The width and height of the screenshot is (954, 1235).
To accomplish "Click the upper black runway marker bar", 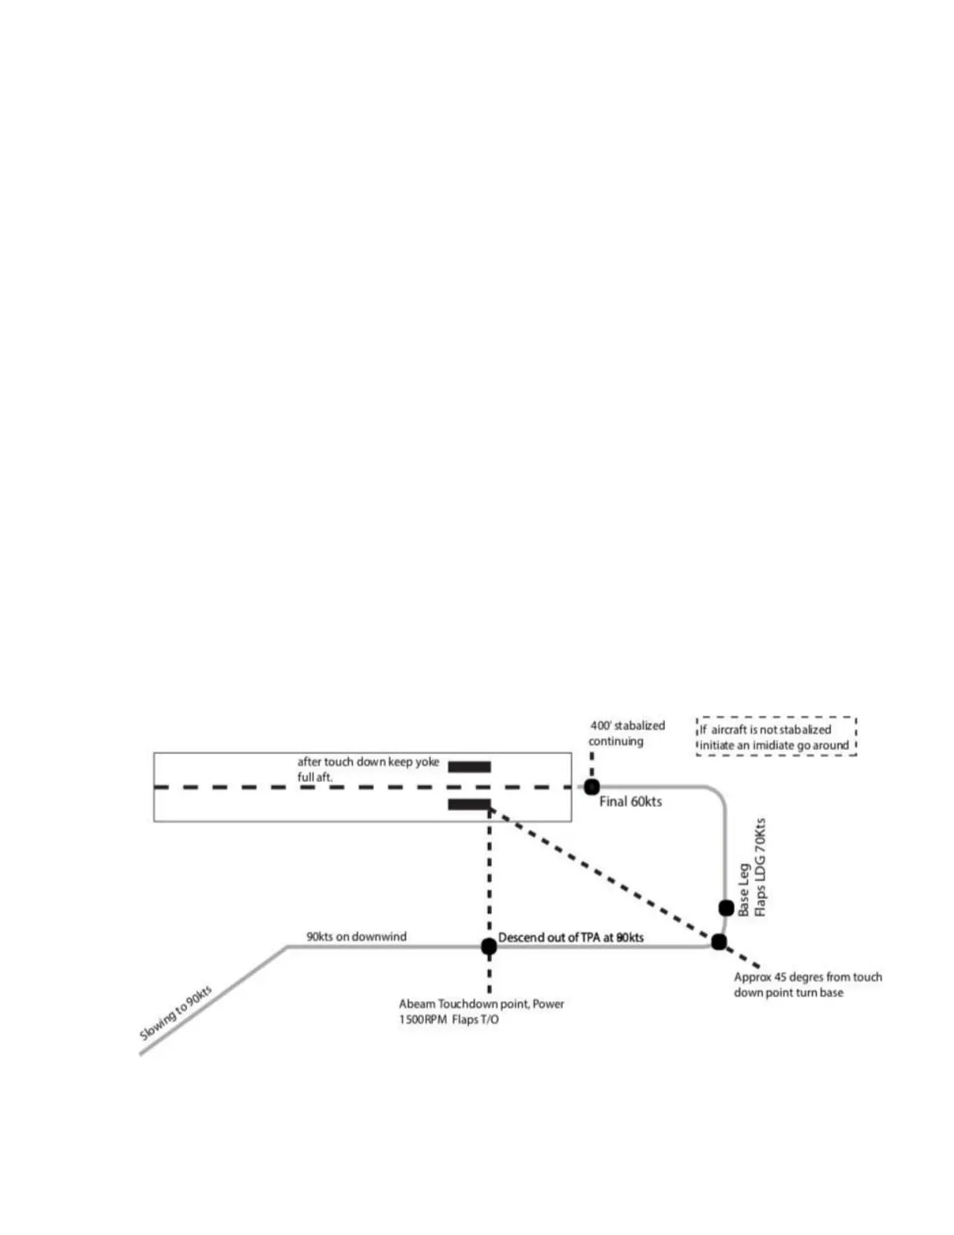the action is coord(469,766).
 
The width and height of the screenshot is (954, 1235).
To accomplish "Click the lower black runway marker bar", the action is coord(469,804).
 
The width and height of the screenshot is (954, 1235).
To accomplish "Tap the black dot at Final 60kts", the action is coord(592,787).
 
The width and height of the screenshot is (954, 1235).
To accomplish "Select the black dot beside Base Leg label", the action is coord(726,908).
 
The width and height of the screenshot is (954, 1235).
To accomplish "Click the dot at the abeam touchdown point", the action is coord(489,947).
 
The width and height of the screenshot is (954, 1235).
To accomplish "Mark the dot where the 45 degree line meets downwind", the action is coord(719,943).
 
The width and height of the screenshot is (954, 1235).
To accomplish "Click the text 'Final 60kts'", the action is coord(630,802).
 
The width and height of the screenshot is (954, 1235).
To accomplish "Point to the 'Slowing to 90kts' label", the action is coord(175,1013).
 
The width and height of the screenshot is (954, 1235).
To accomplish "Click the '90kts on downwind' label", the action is coord(356,936).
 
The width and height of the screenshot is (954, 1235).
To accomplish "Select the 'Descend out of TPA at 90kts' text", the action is coord(571,937).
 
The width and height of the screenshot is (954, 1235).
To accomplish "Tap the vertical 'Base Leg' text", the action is coord(744,890).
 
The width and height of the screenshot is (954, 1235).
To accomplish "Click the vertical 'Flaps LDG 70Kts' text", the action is coord(760,867).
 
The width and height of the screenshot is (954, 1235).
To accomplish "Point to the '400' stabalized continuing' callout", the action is coord(627,733).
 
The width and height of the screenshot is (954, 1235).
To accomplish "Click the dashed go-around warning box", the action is coord(776,737).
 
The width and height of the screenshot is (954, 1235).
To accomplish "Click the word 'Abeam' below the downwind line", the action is coord(416,1004).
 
